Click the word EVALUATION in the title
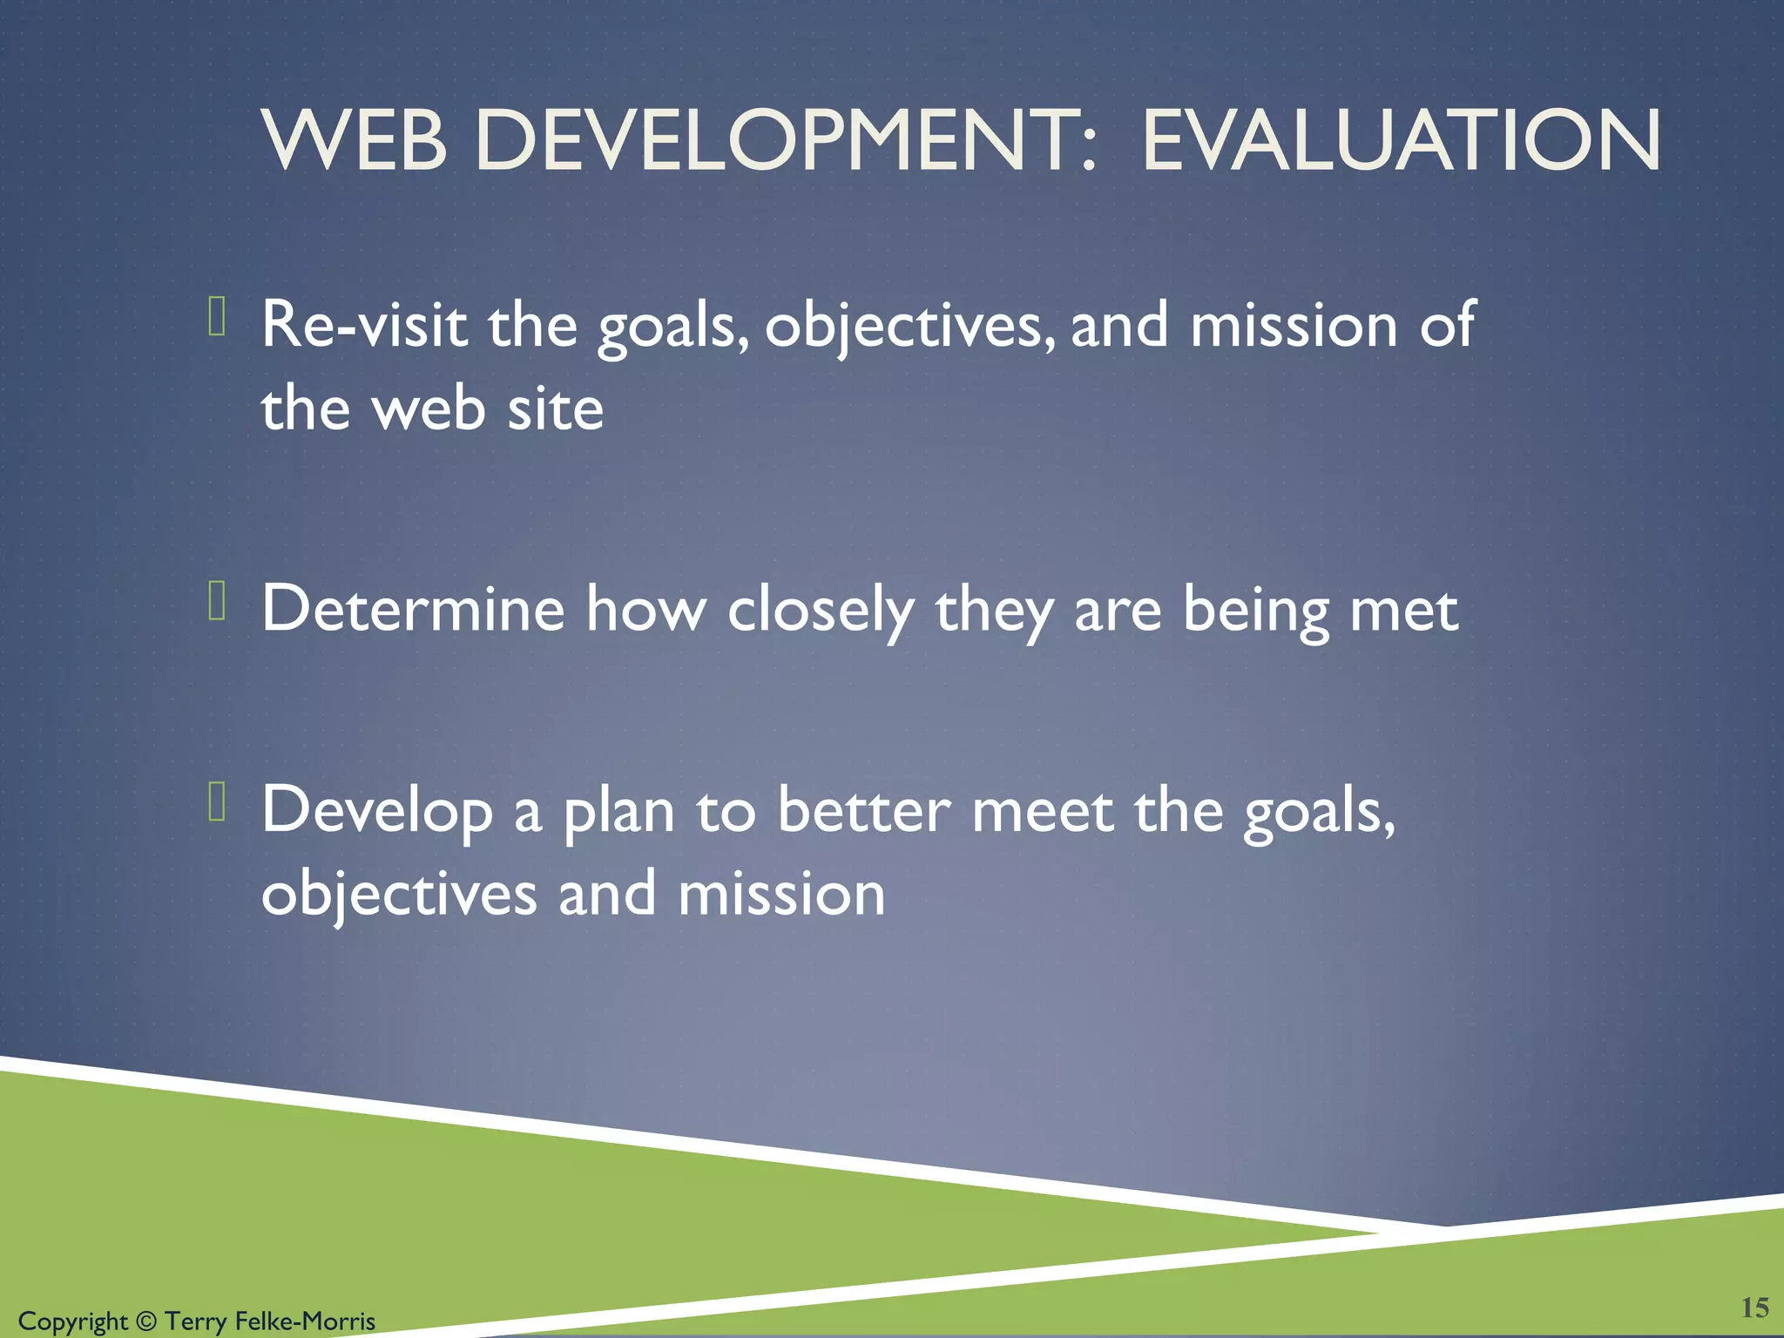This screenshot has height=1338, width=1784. coord(1401,141)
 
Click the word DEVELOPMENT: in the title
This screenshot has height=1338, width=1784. coord(785,141)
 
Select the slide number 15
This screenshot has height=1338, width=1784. coord(1754,1307)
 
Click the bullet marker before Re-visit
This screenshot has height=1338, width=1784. coord(218,316)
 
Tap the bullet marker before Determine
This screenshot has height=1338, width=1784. coord(218,601)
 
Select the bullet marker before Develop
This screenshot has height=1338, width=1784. coord(218,801)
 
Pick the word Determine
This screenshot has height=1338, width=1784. coord(413,609)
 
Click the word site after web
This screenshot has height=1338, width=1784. coord(555,409)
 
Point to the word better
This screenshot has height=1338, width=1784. coord(863,810)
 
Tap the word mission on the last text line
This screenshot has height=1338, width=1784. coord(781,895)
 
